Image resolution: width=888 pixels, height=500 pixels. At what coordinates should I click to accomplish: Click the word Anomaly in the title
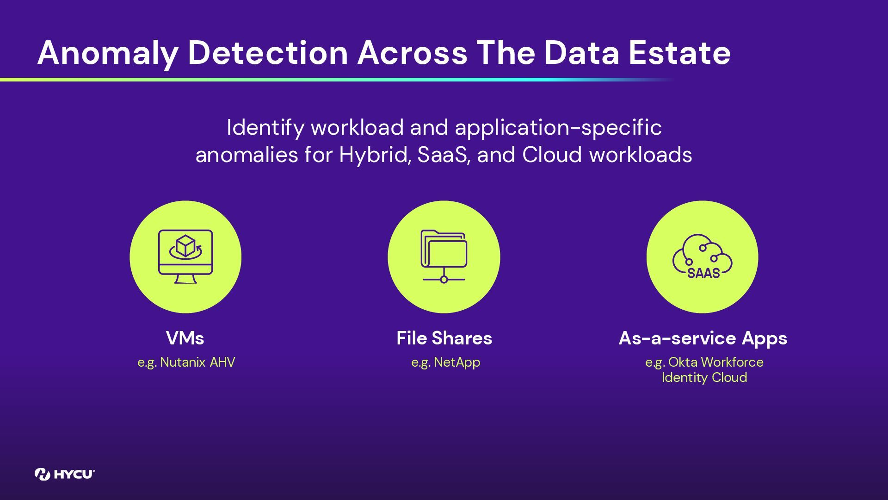click(x=107, y=53)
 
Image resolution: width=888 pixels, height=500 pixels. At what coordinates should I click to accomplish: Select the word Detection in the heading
click(x=267, y=53)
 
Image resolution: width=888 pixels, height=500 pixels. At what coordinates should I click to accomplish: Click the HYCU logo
click(x=65, y=474)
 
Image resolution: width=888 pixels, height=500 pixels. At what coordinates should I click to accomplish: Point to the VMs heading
click(x=185, y=338)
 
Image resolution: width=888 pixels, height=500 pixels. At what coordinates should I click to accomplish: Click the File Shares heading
click(x=444, y=338)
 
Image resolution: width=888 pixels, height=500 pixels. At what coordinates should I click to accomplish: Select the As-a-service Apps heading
click(x=703, y=338)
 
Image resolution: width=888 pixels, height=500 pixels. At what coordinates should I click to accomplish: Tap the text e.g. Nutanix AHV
click(x=186, y=362)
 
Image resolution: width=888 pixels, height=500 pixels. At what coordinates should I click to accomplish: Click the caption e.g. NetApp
click(x=445, y=362)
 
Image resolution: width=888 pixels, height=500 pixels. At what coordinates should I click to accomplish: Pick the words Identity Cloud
click(x=704, y=378)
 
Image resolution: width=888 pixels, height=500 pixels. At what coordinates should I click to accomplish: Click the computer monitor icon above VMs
click(x=185, y=256)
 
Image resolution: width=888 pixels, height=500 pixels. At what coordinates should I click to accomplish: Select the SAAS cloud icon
click(x=702, y=256)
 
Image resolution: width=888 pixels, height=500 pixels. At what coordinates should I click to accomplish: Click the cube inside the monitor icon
click(x=185, y=245)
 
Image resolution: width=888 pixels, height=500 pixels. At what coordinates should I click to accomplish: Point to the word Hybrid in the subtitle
click(x=374, y=155)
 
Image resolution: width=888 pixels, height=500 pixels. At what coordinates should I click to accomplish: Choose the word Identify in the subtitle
click(x=265, y=128)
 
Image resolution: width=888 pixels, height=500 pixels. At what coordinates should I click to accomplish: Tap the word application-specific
click(x=558, y=128)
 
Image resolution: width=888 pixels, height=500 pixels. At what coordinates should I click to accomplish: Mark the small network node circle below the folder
click(x=444, y=280)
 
